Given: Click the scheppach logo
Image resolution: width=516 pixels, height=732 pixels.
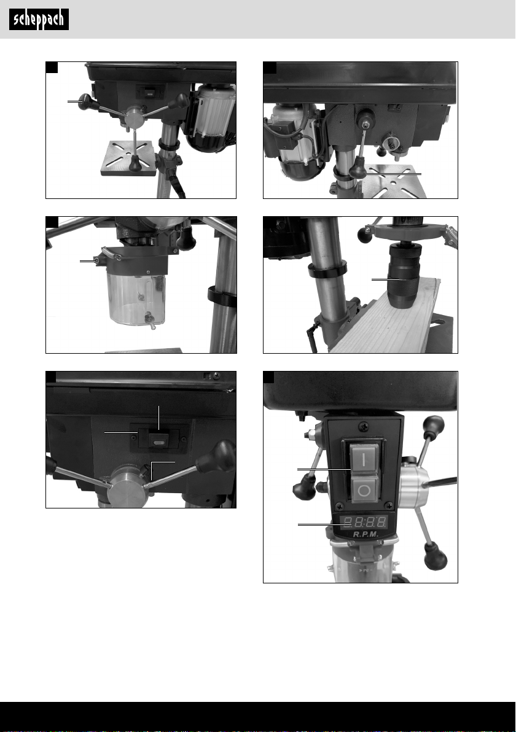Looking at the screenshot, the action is [x=39, y=20].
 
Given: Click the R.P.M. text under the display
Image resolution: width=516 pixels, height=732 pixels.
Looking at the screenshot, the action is [x=365, y=534].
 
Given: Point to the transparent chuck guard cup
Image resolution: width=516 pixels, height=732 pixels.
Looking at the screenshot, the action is [x=136, y=299].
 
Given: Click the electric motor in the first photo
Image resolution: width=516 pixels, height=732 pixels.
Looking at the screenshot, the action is [x=211, y=117].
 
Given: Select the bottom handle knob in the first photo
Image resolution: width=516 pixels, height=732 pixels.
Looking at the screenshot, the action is [x=135, y=163].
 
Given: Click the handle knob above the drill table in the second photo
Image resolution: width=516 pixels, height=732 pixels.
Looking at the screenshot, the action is [x=358, y=168].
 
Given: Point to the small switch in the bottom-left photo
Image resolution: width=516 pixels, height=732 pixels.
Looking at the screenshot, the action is [x=158, y=439].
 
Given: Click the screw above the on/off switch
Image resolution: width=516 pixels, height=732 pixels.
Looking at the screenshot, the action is [x=364, y=426].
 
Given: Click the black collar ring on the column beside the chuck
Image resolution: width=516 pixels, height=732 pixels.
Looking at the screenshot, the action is [x=327, y=270].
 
